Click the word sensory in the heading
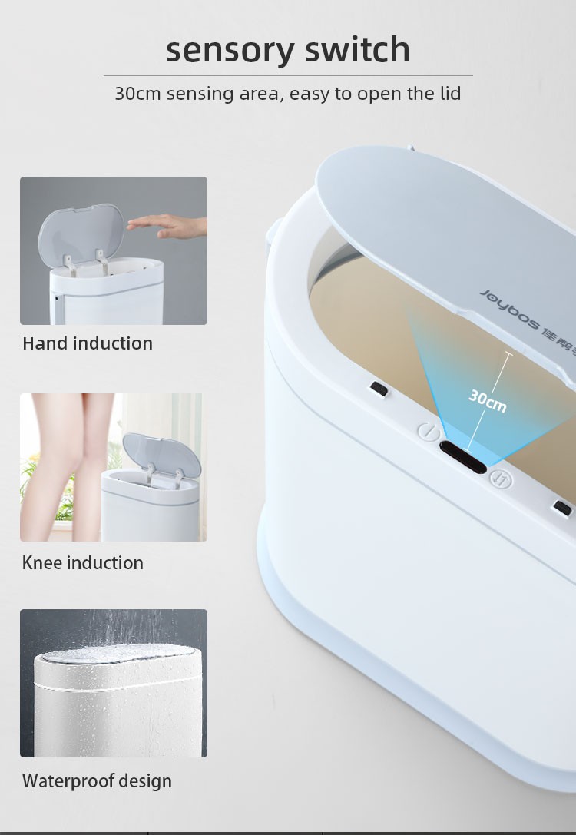click(230, 50)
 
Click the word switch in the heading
click(358, 49)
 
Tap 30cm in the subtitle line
click(137, 94)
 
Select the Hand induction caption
click(88, 343)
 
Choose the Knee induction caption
click(82, 563)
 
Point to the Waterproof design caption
click(97, 781)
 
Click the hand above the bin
click(167, 224)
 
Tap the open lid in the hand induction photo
click(81, 234)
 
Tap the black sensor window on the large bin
click(463, 457)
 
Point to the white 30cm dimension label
click(488, 401)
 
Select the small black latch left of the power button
click(379, 389)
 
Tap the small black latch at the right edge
click(563, 508)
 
